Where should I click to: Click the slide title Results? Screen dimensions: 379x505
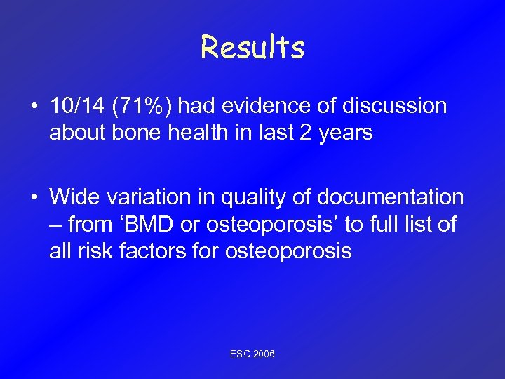(x=252, y=48)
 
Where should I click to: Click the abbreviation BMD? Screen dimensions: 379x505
(x=149, y=225)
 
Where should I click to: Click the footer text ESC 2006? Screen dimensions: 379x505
(x=252, y=354)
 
